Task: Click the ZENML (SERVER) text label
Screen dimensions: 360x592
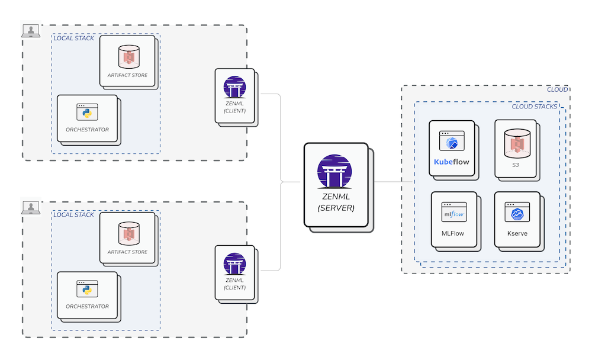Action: tap(336, 202)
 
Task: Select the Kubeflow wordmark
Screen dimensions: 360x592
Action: tap(452, 161)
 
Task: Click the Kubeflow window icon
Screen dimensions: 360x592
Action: tap(452, 142)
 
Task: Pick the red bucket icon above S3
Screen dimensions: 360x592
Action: tap(515, 142)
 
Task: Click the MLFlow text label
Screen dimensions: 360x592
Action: tap(453, 233)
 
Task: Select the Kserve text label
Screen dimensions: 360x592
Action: tap(517, 233)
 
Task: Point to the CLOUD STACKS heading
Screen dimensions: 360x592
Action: tap(534, 107)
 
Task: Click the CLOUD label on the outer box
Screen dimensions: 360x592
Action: tap(557, 89)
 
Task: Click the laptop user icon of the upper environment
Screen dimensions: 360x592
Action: tap(30, 30)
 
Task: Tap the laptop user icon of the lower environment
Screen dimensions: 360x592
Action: tap(30, 207)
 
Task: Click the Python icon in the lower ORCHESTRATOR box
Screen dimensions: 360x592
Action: tap(87, 288)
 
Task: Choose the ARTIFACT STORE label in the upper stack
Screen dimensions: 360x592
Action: tap(127, 75)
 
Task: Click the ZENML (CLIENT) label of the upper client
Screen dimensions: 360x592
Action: tap(234, 107)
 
